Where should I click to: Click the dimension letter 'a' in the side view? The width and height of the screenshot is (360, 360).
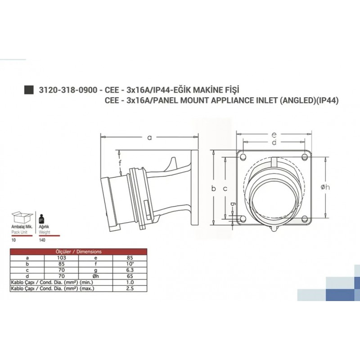[149, 138]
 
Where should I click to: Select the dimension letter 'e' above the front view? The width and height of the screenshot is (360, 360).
[274, 134]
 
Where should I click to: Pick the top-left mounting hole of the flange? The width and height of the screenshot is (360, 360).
[243, 157]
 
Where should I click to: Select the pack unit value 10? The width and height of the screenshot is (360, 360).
[13, 241]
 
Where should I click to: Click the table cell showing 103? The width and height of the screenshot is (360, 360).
[60, 258]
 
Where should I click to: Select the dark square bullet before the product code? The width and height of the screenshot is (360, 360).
[29, 90]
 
